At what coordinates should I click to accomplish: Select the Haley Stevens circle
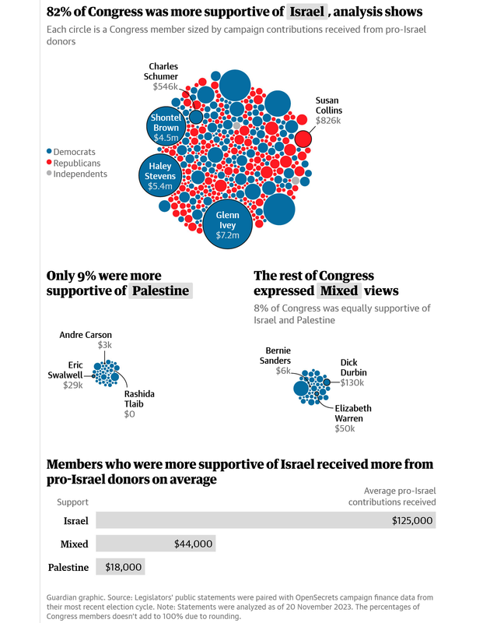(160, 177)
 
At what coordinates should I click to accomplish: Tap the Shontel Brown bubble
(166, 127)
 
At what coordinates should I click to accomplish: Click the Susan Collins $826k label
(329, 111)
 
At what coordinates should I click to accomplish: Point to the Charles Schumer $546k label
(163, 76)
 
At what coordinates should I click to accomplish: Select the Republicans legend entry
(75, 163)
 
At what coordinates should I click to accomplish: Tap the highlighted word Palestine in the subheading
(160, 291)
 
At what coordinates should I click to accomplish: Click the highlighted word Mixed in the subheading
(339, 291)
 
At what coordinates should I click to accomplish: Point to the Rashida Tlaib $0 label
(139, 403)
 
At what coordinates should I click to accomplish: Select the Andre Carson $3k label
(86, 340)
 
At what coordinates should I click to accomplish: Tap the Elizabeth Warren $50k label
(353, 418)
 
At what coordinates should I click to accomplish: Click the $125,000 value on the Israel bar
(412, 521)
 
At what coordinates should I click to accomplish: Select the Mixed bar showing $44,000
(155, 544)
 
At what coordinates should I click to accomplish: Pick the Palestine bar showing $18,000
(120, 568)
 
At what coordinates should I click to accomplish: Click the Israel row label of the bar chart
(75, 521)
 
